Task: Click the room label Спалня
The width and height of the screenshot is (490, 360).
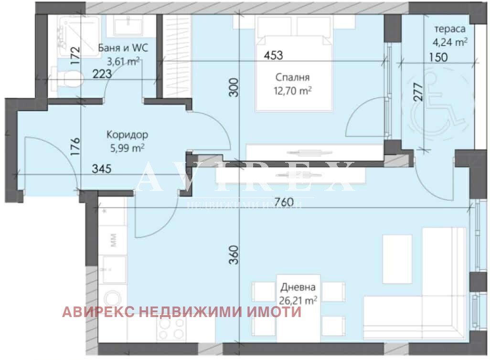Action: coord(293,77)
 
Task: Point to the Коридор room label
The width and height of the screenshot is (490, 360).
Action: coord(127,135)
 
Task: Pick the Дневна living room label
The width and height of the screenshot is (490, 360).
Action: coord(298,287)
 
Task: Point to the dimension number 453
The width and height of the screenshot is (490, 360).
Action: coord(274,55)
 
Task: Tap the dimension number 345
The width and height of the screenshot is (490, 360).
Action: coord(103,169)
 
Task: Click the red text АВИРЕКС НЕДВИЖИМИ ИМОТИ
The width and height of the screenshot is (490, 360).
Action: coord(181,312)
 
